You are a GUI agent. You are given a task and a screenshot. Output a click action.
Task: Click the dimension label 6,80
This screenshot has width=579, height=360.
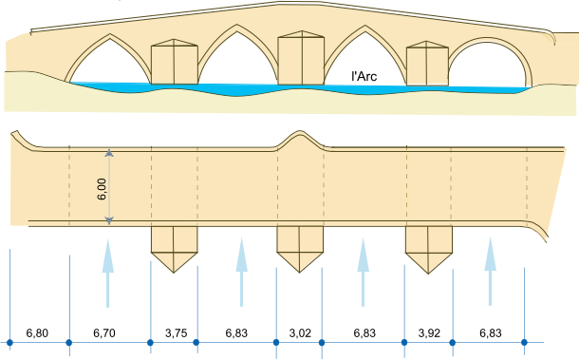tap(37, 333)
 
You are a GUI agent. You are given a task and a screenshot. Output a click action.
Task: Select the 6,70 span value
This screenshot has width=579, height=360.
tap(104, 333)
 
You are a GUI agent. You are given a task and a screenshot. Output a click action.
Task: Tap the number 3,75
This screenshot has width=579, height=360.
tap(177, 333)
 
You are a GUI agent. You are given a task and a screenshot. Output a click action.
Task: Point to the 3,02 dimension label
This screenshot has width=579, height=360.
tap(300, 333)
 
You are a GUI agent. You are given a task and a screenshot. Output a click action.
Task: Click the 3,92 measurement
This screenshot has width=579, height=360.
tap(429, 333)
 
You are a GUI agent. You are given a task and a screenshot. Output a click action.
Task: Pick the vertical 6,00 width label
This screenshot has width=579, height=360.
tap(102, 189)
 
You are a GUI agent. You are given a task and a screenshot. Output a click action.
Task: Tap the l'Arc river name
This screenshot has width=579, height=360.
tap(364, 76)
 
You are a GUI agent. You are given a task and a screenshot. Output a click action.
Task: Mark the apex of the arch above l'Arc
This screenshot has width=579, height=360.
tap(365, 26)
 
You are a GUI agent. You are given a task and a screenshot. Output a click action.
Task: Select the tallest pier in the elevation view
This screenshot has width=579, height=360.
tap(301, 58)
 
